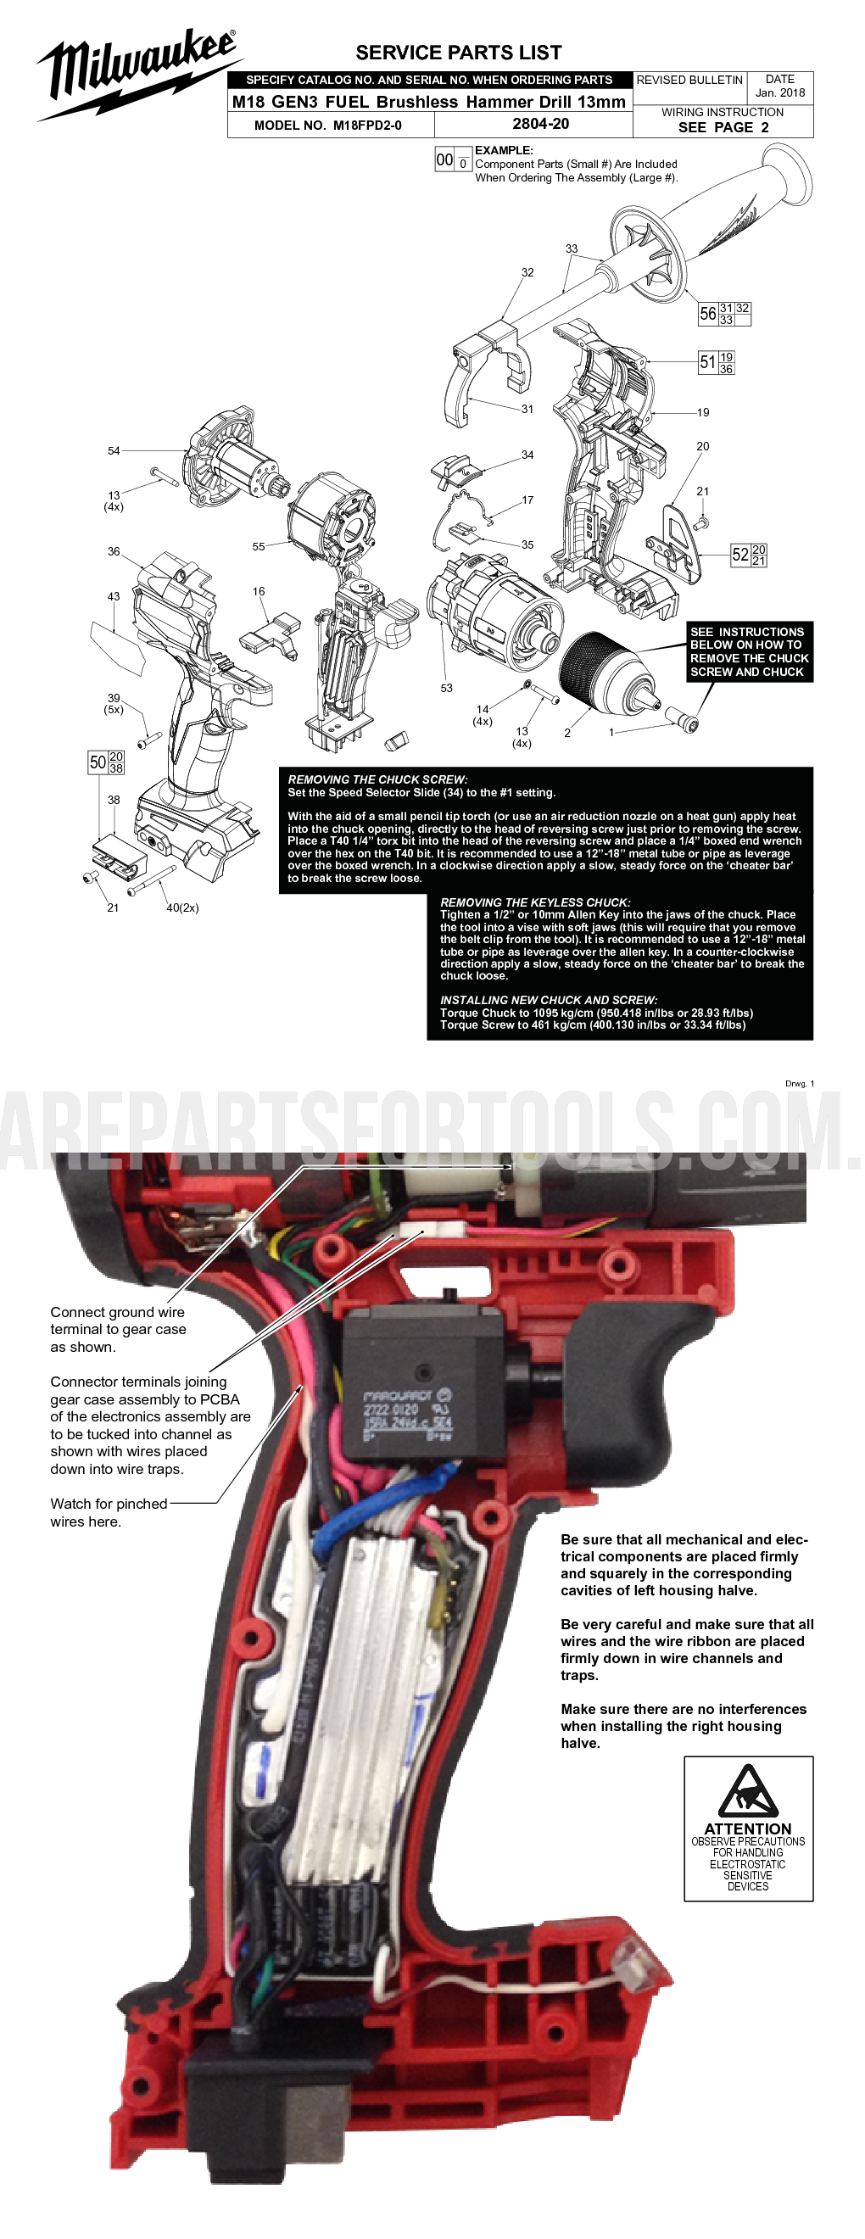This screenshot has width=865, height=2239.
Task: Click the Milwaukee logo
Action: point(135,74)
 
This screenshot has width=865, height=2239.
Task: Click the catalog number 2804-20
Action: point(540,125)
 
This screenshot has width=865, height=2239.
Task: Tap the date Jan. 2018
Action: point(780,92)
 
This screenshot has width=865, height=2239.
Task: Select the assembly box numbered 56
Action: point(724,314)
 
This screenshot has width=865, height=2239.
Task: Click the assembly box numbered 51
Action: point(717,362)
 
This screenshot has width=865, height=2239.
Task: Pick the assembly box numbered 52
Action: point(748,555)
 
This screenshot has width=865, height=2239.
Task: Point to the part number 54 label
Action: point(114,450)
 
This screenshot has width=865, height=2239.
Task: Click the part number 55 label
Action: point(258,547)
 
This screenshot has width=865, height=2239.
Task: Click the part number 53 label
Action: point(446,688)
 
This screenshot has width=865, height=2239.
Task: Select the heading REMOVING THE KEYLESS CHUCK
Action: point(534,902)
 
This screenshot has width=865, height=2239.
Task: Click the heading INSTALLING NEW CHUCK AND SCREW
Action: point(548,1000)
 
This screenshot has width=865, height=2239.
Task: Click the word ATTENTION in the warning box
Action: point(747,1829)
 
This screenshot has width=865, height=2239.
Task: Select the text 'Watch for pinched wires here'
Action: point(108,1512)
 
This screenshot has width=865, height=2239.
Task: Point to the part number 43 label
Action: point(113,596)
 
